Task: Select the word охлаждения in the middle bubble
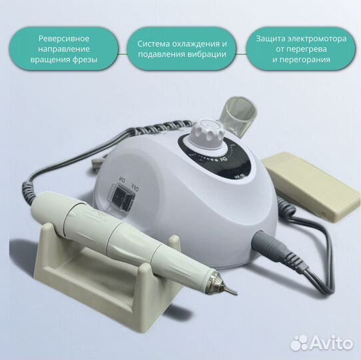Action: tap(193, 43)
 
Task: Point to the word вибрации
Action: tap(206, 55)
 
